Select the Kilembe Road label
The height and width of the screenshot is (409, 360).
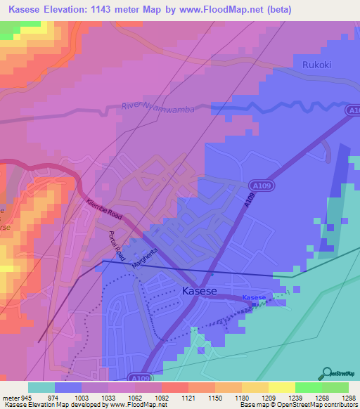coord(105,210)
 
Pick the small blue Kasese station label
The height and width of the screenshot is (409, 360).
coord(254,298)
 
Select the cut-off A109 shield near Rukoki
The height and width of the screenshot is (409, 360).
coord(353,110)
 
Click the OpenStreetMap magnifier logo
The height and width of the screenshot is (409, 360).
coord(326,372)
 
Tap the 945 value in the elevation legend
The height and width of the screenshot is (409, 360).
coord(27,397)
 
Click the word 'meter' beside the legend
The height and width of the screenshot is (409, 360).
coord(10,397)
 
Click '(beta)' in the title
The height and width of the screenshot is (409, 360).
coord(289,10)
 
